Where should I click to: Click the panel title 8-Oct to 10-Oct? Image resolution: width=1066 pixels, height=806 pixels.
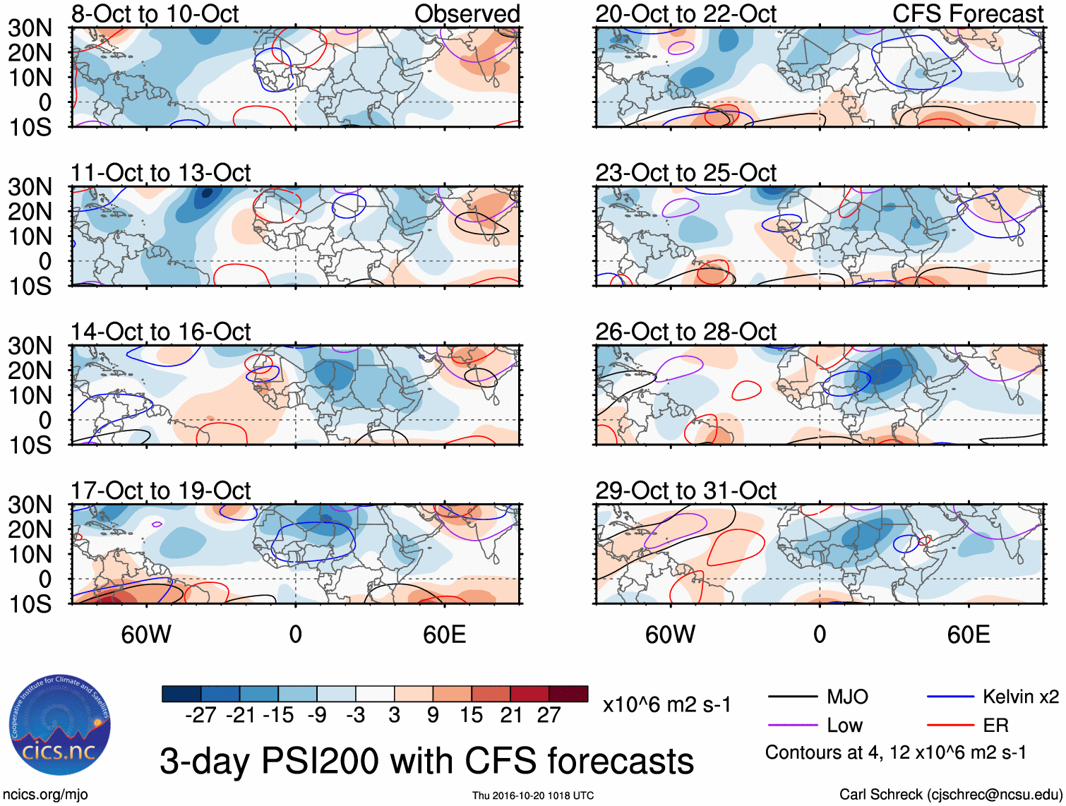155,13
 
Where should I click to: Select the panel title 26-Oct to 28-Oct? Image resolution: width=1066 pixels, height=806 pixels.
685,332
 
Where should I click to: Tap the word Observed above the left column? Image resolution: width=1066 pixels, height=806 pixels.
467,13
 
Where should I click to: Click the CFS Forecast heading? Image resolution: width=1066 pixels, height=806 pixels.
967,13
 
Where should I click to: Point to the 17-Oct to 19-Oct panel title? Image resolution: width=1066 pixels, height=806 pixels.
160,491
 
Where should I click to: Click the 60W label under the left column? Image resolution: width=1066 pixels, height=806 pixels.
146,634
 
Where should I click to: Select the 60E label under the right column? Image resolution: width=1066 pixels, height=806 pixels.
968,634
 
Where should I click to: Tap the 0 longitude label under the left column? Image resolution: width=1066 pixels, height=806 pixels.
295,634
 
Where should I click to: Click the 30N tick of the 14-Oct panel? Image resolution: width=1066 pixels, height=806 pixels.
30,346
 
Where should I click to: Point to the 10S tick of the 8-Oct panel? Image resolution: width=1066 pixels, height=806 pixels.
30,127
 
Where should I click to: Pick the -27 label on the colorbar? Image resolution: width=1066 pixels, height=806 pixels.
200,716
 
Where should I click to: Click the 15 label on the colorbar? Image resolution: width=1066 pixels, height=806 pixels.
471,716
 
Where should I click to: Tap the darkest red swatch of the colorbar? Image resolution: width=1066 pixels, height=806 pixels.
568,694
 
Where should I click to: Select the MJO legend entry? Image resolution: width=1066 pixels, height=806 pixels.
847,697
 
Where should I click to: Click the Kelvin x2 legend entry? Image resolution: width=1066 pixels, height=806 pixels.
1020,697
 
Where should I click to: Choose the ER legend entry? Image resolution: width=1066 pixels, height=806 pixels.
995,726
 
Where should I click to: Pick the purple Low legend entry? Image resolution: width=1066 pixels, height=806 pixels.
844,726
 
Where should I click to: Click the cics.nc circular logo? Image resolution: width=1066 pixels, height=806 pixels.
59,726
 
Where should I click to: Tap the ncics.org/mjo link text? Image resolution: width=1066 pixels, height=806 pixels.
44,795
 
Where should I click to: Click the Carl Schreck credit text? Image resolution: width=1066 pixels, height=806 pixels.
950,795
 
